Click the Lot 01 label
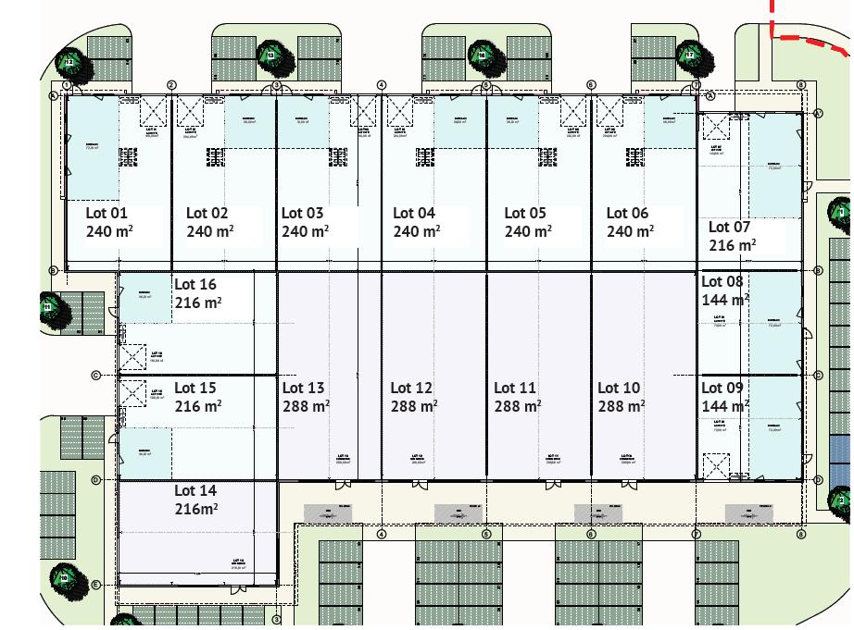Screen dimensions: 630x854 click(106, 213)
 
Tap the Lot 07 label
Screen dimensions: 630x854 click(729, 227)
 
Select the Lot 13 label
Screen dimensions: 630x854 click(303, 388)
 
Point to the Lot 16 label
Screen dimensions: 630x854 click(195, 284)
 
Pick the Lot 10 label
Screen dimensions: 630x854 click(619, 388)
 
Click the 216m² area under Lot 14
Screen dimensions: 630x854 click(197, 509)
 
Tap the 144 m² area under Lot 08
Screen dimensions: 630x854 click(724, 300)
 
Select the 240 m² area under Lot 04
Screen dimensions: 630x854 click(416, 231)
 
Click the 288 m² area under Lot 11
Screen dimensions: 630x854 click(517, 406)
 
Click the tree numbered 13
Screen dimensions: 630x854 click(270, 56)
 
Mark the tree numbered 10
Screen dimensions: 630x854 click(64, 578)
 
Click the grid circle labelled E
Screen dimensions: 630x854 click(96, 585)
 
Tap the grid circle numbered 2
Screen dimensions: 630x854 click(171, 85)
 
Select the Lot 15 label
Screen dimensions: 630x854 click(195, 388)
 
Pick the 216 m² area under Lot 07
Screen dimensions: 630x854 click(733, 245)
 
